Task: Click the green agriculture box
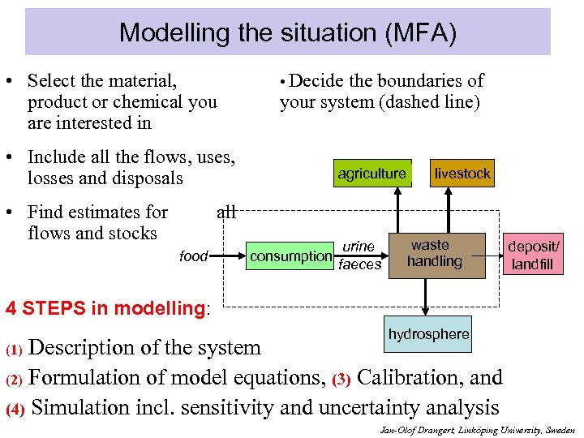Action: click(x=371, y=173)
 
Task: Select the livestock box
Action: click(x=462, y=173)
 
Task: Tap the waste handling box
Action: click(x=436, y=254)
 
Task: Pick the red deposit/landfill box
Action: click(x=533, y=255)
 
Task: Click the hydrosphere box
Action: click(x=428, y=334)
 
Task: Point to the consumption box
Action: click(x=290, y=256)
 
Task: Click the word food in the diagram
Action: click(x=193, y=256)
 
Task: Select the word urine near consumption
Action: click(x=359, y=247)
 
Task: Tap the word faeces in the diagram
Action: click(x=359, y=264)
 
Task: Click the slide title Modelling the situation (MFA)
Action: click(x=288, y=32)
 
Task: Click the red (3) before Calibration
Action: click(x=341, y=378)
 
